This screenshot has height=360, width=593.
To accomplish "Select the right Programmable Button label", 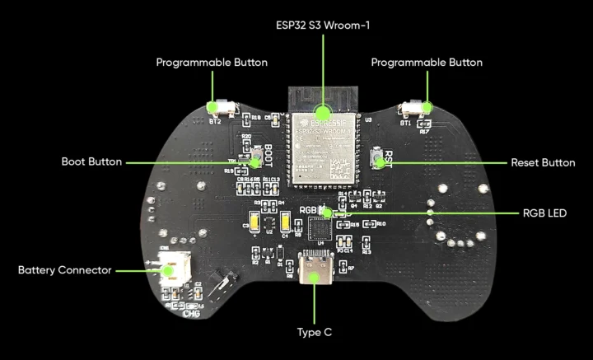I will [427, 63].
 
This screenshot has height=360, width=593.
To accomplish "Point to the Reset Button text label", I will [543, 162].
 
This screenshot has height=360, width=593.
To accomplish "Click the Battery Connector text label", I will [65, 269].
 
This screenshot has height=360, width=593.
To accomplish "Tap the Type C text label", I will [315, 332].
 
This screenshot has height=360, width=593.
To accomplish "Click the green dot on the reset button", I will [380, 162].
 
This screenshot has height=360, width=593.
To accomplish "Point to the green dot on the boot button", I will [254, 162].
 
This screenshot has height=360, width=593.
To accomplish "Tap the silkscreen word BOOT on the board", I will [269, 156].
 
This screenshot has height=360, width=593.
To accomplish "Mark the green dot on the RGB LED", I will [327, 213].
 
